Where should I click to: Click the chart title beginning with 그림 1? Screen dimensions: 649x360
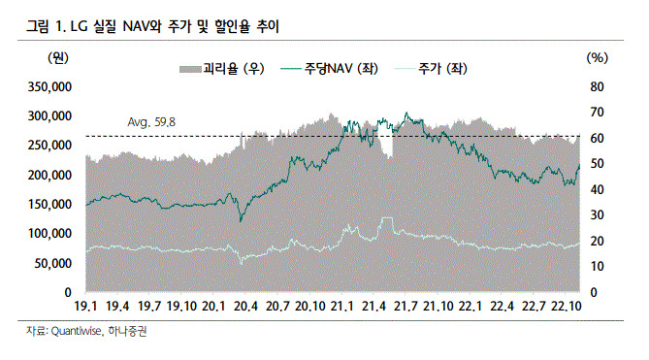tap(152, 26)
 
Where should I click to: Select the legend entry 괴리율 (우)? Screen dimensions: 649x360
tap(222, 68)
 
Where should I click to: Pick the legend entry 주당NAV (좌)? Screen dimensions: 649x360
tap(330, 68)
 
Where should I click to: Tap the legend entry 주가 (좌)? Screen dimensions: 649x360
tap(431, 68)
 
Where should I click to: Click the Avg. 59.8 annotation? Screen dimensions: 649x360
tap(151, 122)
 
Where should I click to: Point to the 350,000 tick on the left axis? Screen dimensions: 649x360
tap(49, 87)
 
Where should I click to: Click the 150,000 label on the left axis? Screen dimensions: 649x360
tap(49, 204)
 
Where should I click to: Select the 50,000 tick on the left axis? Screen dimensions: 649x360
tap(53, 263)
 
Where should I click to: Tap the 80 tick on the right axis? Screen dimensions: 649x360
tap(597, 87)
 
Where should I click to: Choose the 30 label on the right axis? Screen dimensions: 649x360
tap(597, 215)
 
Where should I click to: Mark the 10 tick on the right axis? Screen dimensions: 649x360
tap(597, 267)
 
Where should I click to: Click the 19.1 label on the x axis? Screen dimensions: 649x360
tap(85, 307)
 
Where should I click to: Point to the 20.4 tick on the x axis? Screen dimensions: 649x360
tap(245, 307)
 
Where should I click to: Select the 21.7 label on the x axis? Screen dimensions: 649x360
tap(406, 307)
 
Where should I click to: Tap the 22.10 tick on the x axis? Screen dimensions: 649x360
tap(567, 307)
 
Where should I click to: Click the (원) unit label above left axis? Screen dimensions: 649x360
tap(58, 58)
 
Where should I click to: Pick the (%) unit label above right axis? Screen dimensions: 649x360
tap(598, 58)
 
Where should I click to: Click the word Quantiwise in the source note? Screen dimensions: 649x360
tap(77, 331)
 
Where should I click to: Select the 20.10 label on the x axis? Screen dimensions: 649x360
tap(309, 307)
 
